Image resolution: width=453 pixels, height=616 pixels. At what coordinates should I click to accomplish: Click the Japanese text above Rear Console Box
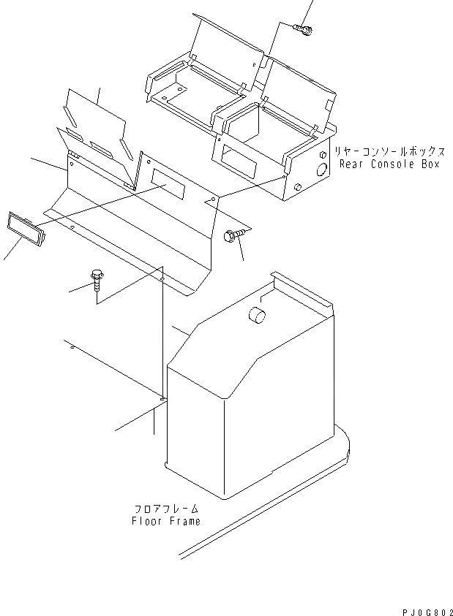click(x=389, y=151)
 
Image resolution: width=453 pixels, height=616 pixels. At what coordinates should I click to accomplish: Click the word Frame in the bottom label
click(x=184, y=521)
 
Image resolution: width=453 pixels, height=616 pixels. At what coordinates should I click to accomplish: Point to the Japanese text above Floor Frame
click(x=166, y=509)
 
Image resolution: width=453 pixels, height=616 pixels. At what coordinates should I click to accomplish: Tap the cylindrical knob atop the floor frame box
click(x=258, y=316)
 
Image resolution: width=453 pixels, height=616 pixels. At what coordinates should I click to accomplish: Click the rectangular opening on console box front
click(x=234, y=154)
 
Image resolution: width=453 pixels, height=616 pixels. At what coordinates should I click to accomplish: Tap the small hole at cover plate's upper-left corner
click(x=72, y=164)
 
